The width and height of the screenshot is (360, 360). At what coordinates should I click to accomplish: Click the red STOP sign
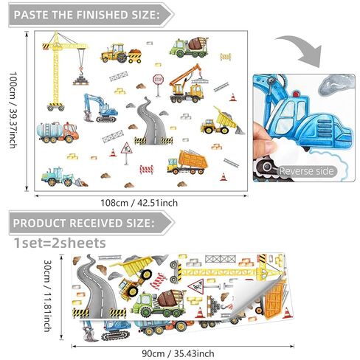point(158,80)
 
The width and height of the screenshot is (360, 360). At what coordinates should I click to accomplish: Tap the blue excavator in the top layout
point(100,108)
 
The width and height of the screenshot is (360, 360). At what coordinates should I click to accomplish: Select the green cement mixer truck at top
point(189,47)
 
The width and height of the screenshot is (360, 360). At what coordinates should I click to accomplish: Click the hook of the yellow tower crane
point(80,72)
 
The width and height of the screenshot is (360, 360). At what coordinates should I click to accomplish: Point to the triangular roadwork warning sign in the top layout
point(126,148)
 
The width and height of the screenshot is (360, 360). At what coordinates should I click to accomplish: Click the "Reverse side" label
point(307,171)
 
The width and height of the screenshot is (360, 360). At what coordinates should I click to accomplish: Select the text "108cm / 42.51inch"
point(139,203)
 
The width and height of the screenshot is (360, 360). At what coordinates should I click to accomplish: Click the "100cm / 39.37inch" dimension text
point(13,110)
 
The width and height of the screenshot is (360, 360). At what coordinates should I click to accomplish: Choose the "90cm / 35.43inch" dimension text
point(178,353)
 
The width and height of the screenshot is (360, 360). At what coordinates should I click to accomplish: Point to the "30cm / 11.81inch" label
point(47,296)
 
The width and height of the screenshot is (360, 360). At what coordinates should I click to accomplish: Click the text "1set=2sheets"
point(60,243)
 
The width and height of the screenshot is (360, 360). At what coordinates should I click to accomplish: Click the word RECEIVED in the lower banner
point(96,223)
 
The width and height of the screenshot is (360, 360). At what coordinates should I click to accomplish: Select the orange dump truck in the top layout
point(187,162)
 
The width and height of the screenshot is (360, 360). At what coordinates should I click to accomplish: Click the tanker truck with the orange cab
point(58,132)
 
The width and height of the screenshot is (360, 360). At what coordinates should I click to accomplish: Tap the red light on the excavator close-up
point(296,94)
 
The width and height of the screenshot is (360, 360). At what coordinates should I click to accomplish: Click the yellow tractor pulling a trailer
point(121,53)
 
